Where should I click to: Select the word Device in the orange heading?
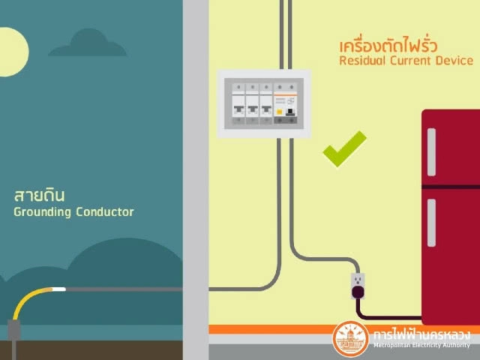(454, 60)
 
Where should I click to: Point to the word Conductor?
(105, 212)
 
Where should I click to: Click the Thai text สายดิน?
(39, 196)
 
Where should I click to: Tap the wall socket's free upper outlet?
(358, 280)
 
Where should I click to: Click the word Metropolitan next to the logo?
(393, 346)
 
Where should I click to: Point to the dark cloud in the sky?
(88, 44)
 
